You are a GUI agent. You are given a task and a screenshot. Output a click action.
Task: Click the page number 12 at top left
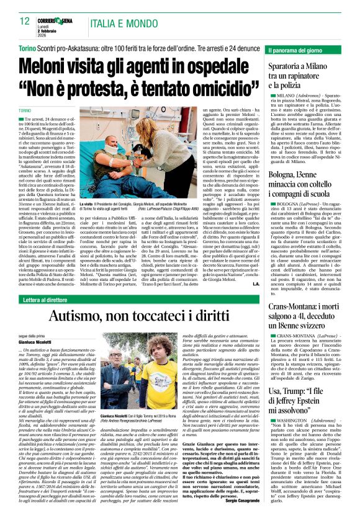pos(24,21)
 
